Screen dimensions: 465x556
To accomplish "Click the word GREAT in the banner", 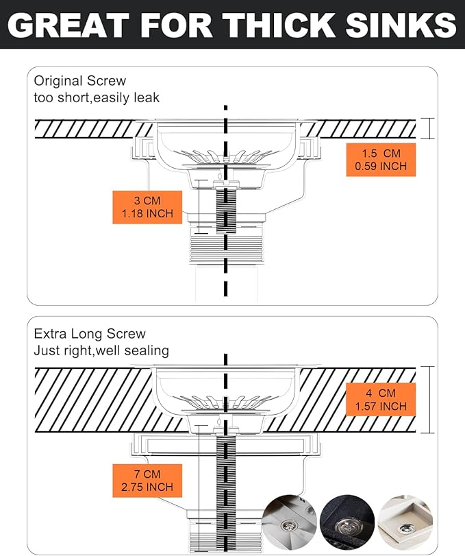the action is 68,25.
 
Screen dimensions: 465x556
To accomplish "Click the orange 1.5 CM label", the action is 381,160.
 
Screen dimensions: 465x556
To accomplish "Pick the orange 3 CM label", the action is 147,207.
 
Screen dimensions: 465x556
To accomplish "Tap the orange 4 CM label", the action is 381,400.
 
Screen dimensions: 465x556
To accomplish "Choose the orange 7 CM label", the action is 147,481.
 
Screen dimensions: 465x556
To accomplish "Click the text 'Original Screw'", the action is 79,81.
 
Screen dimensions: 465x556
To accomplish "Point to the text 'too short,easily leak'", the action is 97,97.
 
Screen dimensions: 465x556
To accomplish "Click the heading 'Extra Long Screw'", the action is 90,334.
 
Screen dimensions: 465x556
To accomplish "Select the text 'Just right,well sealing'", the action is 101,351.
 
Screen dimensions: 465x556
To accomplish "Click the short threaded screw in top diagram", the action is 225,210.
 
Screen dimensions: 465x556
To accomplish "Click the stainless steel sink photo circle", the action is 290,522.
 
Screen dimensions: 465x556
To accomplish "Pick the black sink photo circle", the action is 347,522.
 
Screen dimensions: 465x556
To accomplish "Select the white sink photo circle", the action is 405,522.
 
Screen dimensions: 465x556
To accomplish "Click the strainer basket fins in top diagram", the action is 225,156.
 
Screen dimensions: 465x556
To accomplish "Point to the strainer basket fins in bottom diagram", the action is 225,402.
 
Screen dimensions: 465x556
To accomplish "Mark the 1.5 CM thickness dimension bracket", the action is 429,128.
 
